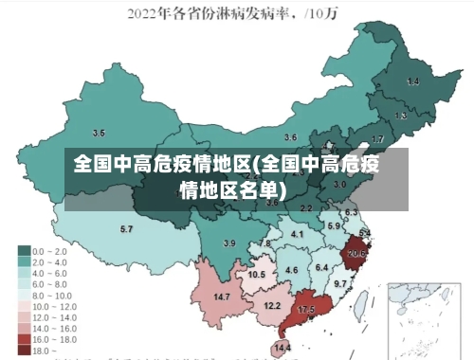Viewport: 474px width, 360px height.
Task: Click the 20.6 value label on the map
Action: pyautogui.click(x=356, y=253)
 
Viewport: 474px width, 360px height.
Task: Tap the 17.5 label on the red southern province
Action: pyautogui.click(x=305, y=310)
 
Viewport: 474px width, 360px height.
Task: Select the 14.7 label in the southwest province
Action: pyautogui.click(x=222, y=297)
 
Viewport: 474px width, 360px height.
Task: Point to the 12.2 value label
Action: pyautogui.click(x=272, y=305)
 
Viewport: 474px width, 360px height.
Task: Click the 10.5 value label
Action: pyautogui.click(x=256, y=275)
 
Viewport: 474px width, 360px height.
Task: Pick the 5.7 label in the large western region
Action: pyautogui.click(x=126, y=229)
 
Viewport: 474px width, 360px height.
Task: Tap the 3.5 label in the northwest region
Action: pyautogui.click(x=99, y=133)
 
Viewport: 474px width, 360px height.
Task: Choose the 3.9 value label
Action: pyautogui.click(x=228, y=243)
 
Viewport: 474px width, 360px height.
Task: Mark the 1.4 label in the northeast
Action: pyautogui.click(x=412, y=82)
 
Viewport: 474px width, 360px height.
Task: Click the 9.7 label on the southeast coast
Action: pyautogui.click(x=339, y=284)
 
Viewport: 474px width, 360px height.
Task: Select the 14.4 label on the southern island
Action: pyautogui.click(x=283, y=348)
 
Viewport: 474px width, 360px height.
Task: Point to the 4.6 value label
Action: pyautogui.click(x=292, y=271)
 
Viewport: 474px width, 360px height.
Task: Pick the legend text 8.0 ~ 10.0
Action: pyautogui.click(x=53, y=295)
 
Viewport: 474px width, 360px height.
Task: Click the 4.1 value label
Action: pyautogui.click(x=297, y=234)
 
